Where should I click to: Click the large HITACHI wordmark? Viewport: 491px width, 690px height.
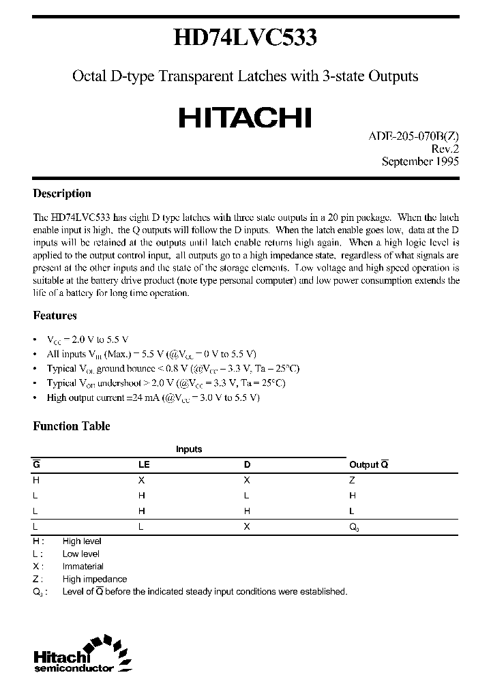[x=245, y=118]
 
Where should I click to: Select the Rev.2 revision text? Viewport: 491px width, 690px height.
[x=444, y=149]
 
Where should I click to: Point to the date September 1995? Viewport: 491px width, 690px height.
[x=420, y=162]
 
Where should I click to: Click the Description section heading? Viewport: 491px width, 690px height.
[x=62, y=194]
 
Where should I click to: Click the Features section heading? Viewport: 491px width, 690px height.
[x=55, y=316]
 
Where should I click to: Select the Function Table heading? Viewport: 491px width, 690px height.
[x=72, y=426]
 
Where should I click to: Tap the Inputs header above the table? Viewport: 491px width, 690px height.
[x=189, y=449]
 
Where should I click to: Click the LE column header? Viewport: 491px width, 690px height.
[x=144, y=464]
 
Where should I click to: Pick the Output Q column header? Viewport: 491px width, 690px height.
[x=368, y=464]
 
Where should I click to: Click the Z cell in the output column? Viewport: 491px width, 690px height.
[x=352, y=479]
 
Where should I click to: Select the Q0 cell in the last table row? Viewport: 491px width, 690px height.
[x=354, y=527]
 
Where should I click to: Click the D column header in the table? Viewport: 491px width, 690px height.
[x=247, y=464]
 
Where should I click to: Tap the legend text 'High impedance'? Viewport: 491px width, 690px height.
[x=94, y=579]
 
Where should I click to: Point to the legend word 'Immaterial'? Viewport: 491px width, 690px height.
[x=83, y=566]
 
